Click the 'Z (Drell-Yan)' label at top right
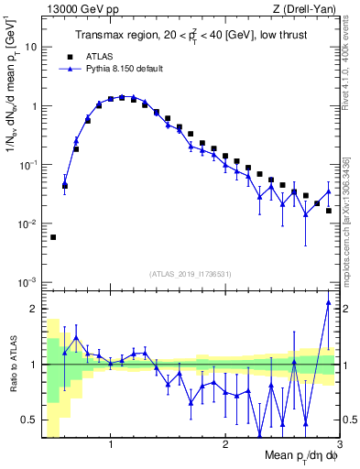pyautogui.click(x=307, y=8)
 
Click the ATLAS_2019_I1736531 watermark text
pyautogui.click(x=190, y=274)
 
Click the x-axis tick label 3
pyautogui.click(x=338, y=444)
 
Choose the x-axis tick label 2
pyautogui.click(x=225, y=444)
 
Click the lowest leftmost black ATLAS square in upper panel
pyautogui.click(x=53, y=237)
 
